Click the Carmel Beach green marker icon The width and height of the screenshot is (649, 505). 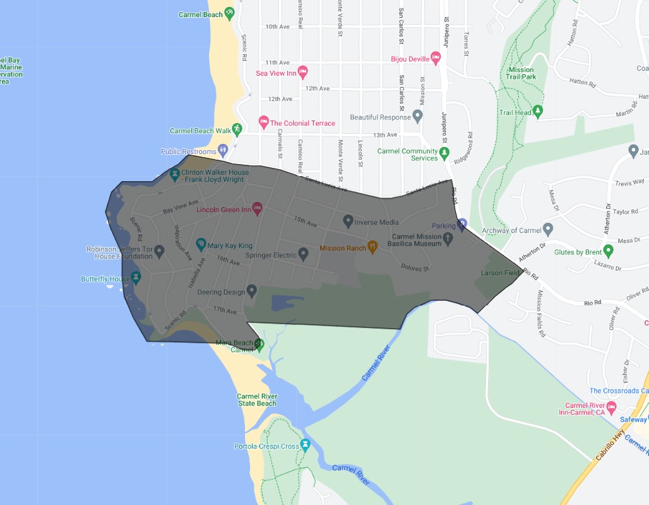coord(229,13)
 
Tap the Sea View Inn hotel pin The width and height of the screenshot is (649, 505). coord(302,71)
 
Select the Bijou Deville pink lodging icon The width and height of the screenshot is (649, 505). coord(436,58)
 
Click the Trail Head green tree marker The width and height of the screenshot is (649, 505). coord(538,112)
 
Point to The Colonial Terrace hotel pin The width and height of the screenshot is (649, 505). coord(263,121)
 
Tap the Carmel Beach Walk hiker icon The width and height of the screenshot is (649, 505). coord(237,129)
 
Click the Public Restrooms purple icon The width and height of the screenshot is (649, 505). coord(222,151)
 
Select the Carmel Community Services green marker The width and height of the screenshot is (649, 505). coord(444,153)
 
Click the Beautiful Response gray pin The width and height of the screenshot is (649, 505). coord(417,116)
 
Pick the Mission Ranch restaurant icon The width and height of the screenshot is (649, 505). coord(372,247)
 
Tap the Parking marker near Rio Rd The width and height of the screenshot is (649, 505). coord(461,224)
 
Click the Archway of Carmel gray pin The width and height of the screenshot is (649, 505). coord(548,229)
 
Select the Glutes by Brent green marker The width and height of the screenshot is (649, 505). coord(609,251)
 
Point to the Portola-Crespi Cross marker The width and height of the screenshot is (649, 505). coord(306,445)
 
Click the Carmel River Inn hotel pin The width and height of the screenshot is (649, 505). coord(611,407)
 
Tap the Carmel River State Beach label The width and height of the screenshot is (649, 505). coord(257,400)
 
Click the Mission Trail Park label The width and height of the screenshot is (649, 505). coord(520,73)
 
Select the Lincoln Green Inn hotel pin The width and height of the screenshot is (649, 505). coord(257,208)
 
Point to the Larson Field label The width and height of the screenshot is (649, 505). coord(501,273)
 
